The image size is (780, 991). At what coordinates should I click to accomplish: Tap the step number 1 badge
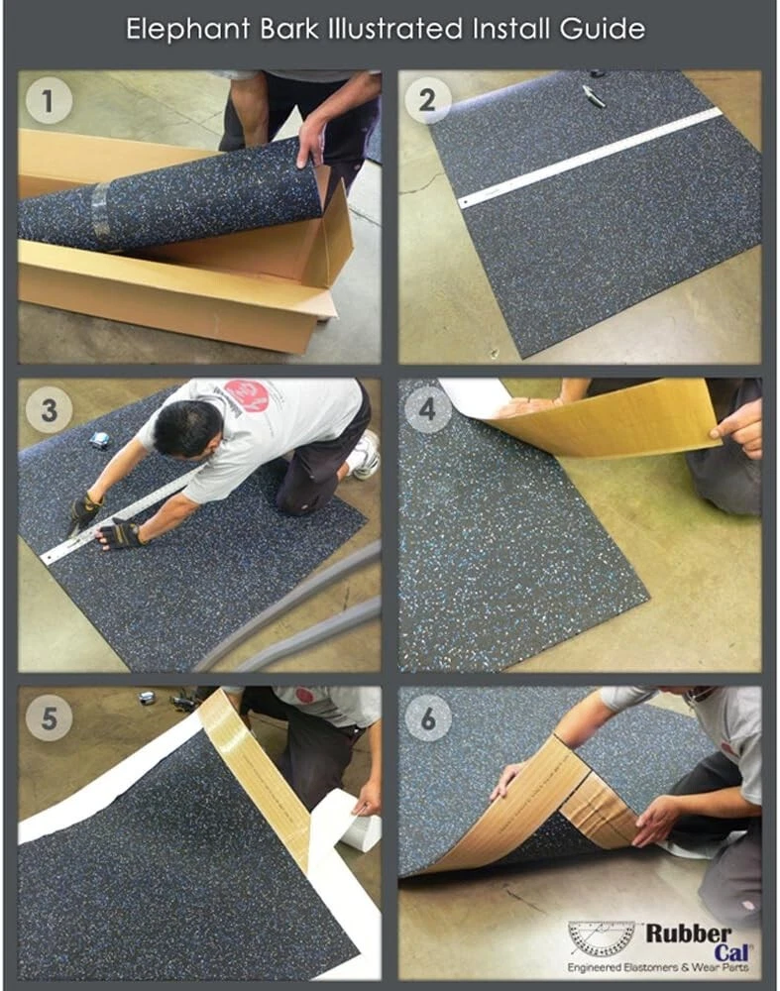click(48, 100)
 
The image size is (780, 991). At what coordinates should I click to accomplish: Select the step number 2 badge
click(426, 100)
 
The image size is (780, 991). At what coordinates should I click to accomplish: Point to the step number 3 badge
click(48, 411)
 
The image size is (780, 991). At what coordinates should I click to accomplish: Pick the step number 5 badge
click(48, 718)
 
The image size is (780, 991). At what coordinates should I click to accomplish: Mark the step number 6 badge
click(426, 718)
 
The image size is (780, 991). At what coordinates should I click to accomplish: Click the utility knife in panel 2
click(594, 95)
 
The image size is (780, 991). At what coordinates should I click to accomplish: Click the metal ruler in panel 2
click(590, 158)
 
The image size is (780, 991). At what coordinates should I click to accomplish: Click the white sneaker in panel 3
click(366, 455)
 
